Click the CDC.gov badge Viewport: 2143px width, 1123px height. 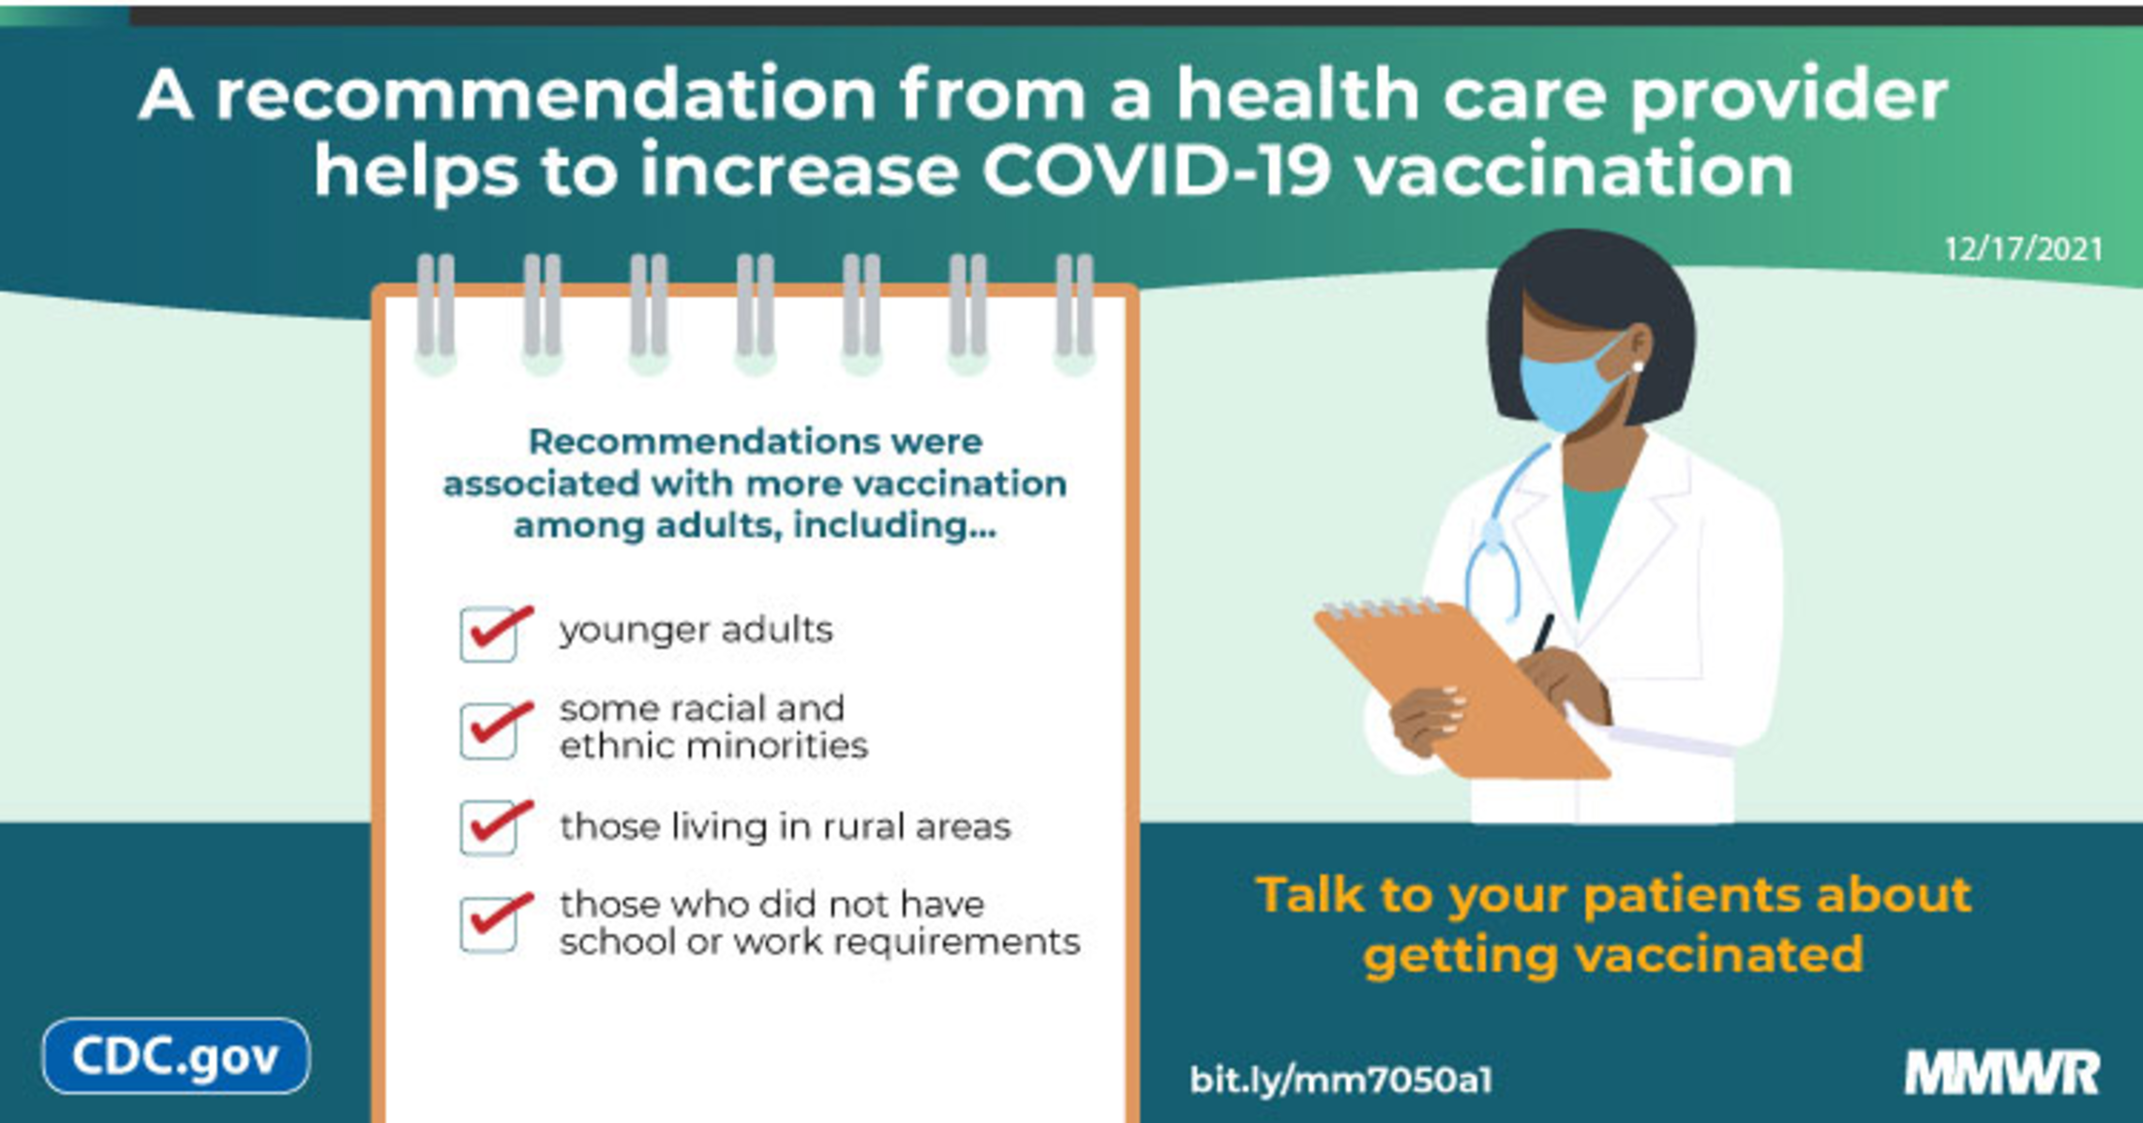(x=175, y=1056)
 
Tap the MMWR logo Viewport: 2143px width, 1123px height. (x=2001, y=1073)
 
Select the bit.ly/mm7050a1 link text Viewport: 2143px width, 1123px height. (x=1341, y=1080)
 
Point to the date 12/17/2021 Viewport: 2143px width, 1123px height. (x=2023, y=249)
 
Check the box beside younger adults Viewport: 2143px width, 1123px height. (x=488, y=635)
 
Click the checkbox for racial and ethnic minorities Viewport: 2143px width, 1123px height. (x=488, y=731)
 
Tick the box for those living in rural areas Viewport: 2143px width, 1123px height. (x=488, y=828)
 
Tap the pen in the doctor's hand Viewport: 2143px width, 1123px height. (x=1543, y=634)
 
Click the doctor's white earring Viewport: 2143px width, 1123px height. (x=1638, y=367)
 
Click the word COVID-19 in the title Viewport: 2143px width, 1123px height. (x=1155, y=171)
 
